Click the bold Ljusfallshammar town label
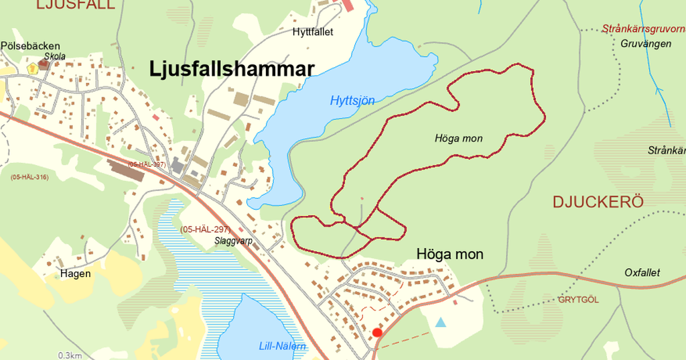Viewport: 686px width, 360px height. pyautogui.click(x=231, y=69)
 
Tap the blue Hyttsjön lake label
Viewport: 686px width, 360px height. pyautogui.click(x=352, y=101)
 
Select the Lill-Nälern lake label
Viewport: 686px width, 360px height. pyautogui.click(x=283, y=346)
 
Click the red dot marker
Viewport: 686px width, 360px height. pyautogui.click(x=377, y=333)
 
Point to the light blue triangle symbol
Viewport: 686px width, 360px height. pyautogui.click(x=440, y=322)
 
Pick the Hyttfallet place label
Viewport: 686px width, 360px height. pyautogui.click(x=313, y=32)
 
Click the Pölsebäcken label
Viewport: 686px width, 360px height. pyautogui.click(x=31, y=46)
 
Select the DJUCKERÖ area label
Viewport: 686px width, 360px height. pyautogui.click(x=598, y=202)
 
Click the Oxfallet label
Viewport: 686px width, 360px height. pyautogui.click(x=642, y=273)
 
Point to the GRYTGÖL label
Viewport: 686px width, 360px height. pyautogui.click(x=579, y=300)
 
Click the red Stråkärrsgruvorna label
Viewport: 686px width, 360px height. pyautogui.click(x=643, y=29)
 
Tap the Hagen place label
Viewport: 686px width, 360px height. pyautogui.click(x=75, y=274)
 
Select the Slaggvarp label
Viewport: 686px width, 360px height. pyautogui.click(x=234, y=241)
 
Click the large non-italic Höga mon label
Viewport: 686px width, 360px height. pyautogui.click(x=450, y=255)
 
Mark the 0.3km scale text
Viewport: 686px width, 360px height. pyautogui.click(x=70, y=355)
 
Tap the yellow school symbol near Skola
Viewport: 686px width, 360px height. pyautogui.click(x=31, y=68)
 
